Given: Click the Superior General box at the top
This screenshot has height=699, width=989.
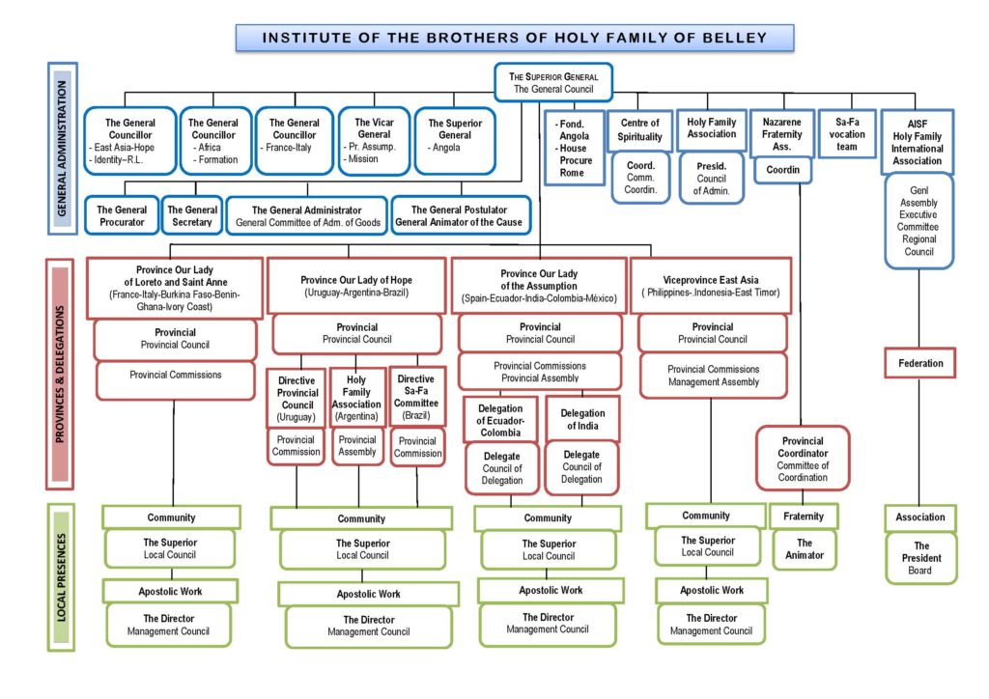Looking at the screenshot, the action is (553, 82).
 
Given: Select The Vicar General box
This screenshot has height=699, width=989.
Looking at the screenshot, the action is (374, 141).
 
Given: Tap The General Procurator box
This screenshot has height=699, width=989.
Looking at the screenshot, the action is (122, 215).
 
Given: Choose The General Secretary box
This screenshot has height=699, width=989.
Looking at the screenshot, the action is (192, 215).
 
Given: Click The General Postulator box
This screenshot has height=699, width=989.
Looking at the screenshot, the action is (461, 215).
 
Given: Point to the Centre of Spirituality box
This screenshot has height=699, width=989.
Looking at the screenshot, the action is (639, 130).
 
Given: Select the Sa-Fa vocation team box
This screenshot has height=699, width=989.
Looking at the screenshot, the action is (847, 133).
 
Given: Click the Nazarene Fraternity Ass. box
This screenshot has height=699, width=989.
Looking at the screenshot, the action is (782, 133).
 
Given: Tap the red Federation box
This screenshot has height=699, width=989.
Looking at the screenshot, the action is (920, 363).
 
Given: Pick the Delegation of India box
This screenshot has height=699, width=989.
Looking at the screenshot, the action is (582, 419).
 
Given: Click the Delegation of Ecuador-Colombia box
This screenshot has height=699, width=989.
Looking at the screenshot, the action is (500, 420).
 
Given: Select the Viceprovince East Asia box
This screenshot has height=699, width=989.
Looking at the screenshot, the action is (711, 286).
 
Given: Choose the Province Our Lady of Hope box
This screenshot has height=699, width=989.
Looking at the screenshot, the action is (356, 286).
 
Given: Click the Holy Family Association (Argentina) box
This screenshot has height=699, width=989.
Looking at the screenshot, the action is (356, 398).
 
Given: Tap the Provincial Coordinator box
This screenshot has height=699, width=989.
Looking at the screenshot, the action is (803, 459).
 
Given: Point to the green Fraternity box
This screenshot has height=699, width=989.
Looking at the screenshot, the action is (804, 517).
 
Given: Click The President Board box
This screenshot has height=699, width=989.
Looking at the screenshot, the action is (920, 558).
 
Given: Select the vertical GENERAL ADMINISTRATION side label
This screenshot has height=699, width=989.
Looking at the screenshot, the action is (62, 148).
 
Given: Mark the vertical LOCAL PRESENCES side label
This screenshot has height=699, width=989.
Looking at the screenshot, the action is (61, 577).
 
